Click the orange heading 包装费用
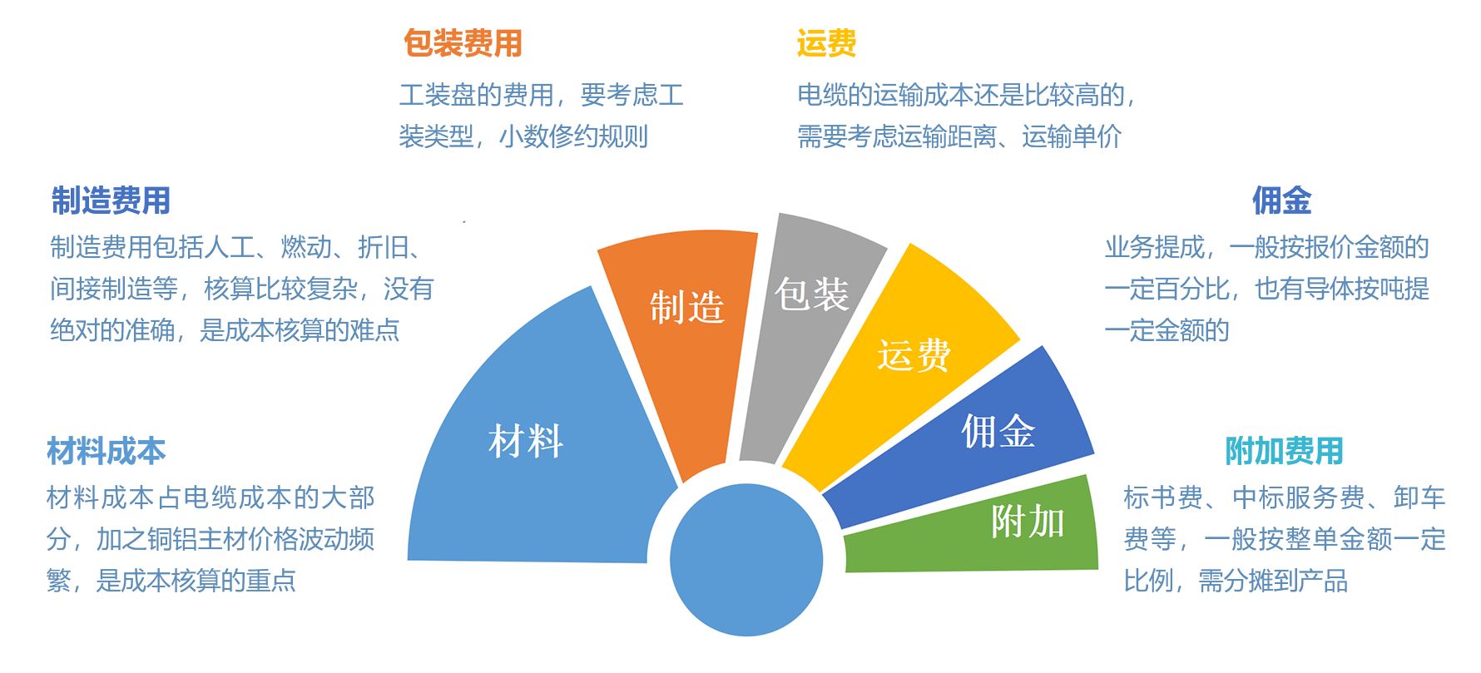click(x=463, y=43)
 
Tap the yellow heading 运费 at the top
click(x=826, y=43)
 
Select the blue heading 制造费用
click(x=111, y=200)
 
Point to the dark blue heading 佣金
click(x=1281, y=200)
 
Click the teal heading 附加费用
click(x=1284, y=451)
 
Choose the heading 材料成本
click(x=106, y=451)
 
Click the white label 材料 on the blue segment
click(x=526, y=441)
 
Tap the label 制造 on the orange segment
click(x=687, y=307)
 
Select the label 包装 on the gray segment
click(x=811, y=294)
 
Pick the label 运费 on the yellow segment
click(x=914, y=355)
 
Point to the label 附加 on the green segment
click(x=1028, y=522)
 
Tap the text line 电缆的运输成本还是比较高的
click(x=966, y=96)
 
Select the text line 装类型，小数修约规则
click(x=523, y=136)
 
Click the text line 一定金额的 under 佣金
click(x=1166, y=330)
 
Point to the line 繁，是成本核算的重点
click(x=171, y=580)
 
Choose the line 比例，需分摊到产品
click(x=1236, y=580)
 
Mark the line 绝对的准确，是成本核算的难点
click(x=225, y=330)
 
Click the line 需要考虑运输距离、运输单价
click(x=959, y=136)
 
